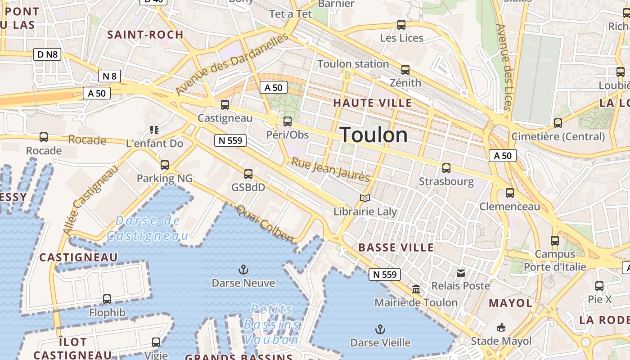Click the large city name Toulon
373,135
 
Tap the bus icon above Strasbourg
446,168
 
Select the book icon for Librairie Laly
365,198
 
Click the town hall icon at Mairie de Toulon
416,289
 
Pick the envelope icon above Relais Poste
461,273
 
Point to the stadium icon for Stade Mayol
501,328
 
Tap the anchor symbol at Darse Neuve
243,270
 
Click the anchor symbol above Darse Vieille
380,329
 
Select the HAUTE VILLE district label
372,103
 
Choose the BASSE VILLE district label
396,247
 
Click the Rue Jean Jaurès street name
331,169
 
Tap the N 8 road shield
109,76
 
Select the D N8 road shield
47,55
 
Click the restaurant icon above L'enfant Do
154,130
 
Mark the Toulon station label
353,64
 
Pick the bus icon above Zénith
405,70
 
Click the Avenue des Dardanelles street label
231,64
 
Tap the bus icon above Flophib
107,299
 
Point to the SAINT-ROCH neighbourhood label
145,35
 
